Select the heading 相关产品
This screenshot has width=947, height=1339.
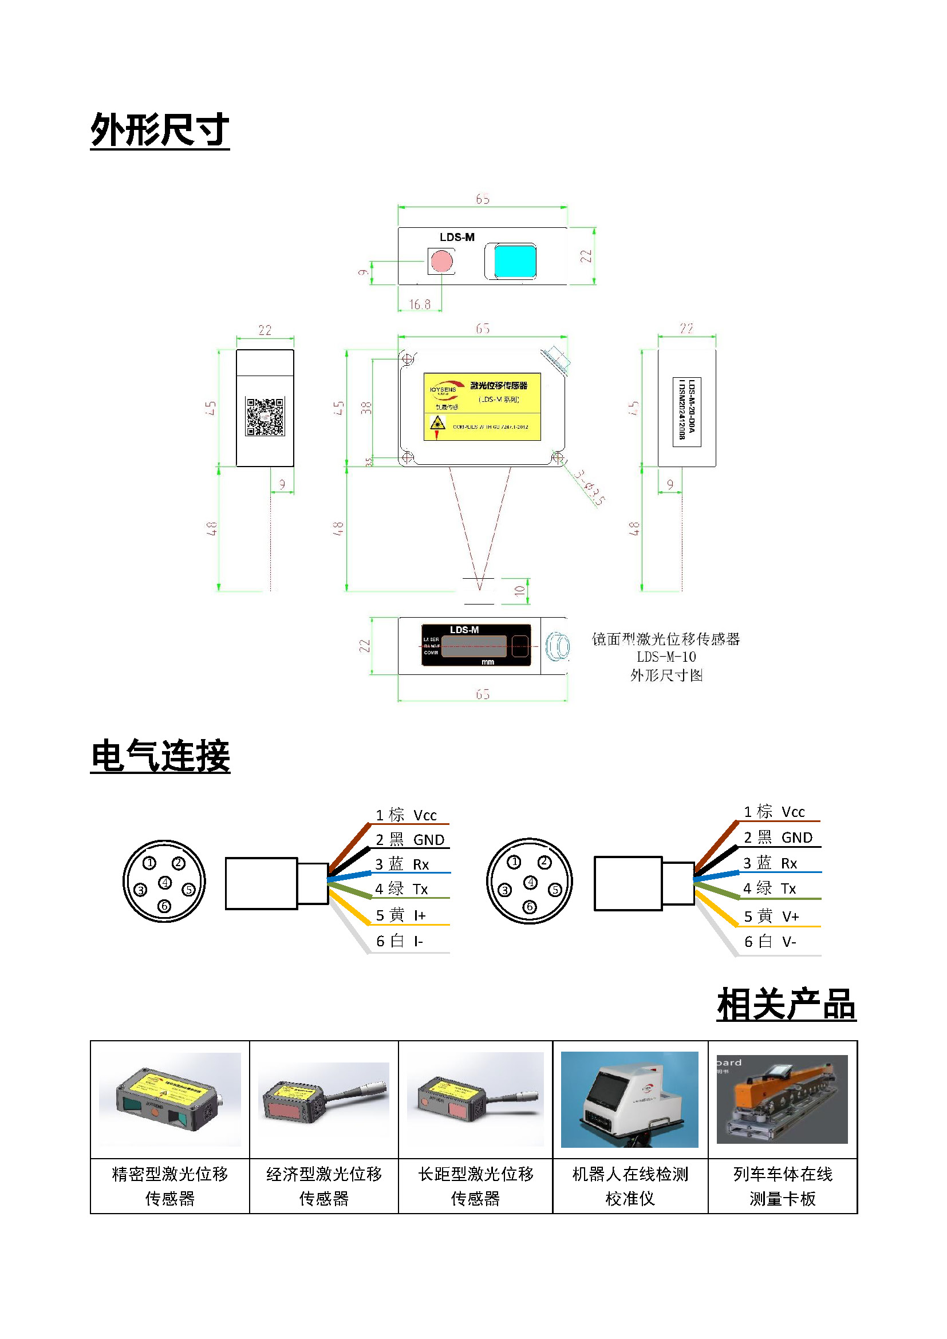[x=786, y=1004]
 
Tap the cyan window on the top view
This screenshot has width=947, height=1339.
[x=515, y=260]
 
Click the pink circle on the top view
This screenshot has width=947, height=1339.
[x=441, y=260]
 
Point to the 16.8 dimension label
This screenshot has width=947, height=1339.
[x=419, y=304]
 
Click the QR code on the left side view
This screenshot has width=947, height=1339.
[x=265, y=416]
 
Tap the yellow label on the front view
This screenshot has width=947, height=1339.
[x=482, y=406]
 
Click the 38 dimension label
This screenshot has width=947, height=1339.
[x=366, y=408]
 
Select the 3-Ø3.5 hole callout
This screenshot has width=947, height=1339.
[x=589, y=487]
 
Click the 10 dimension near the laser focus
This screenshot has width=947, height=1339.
[x=519, y=590]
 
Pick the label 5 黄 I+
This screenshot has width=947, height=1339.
[x=401, y=915]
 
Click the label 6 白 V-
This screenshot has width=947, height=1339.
[x=770, y=941]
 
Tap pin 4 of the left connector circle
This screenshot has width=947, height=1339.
[x=165, y=882]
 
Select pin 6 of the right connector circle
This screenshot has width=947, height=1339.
[x=529, y=907]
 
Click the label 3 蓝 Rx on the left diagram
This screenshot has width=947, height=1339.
[x=402, y=864]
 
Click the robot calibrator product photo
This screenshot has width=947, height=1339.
[x=629, y=1099]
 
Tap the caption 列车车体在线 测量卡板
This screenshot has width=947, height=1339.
[x=782, y=1186]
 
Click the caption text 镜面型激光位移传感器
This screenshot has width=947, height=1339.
[x=665, y=639]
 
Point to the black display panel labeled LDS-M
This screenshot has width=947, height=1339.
[x=476, y=645]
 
